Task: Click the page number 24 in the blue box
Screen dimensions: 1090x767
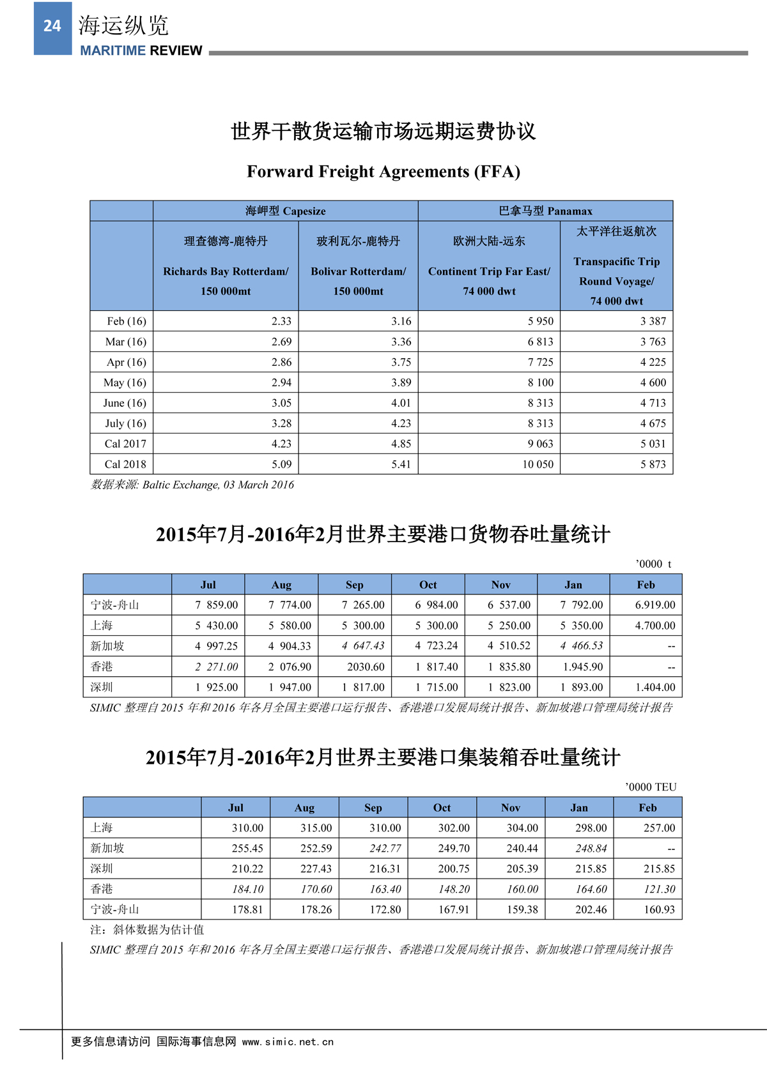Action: click(52, 26)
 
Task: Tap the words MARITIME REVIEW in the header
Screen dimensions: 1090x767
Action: click(141, 51)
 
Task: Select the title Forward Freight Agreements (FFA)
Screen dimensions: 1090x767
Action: click(383, 172)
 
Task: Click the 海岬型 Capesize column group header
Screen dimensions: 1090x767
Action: click(285, 211)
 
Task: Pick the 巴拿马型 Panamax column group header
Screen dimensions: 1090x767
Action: click(545, 211)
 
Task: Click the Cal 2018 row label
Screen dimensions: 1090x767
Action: click(125, 464)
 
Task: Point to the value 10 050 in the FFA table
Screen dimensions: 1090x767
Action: click(538, 464)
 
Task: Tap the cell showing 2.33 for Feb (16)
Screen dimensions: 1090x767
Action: click(281, 321)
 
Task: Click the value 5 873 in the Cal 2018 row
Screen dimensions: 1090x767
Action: click(653, 464)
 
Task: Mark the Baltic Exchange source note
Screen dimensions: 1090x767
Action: click(192, 485)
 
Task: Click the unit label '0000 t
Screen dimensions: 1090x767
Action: click(653, 564)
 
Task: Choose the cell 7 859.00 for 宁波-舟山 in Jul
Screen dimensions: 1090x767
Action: click(217, 605)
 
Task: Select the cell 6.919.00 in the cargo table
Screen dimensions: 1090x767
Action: click(655, 605)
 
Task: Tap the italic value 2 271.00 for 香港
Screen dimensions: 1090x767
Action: click(217, 667)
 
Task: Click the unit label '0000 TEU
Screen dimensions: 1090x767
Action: click(651, 787)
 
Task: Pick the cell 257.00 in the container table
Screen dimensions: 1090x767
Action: click(659, 828)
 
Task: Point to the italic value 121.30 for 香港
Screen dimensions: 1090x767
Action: click(659, 889)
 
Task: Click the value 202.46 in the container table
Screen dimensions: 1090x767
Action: click(591, 909)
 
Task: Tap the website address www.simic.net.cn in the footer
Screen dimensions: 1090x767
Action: click(288, 1041)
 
